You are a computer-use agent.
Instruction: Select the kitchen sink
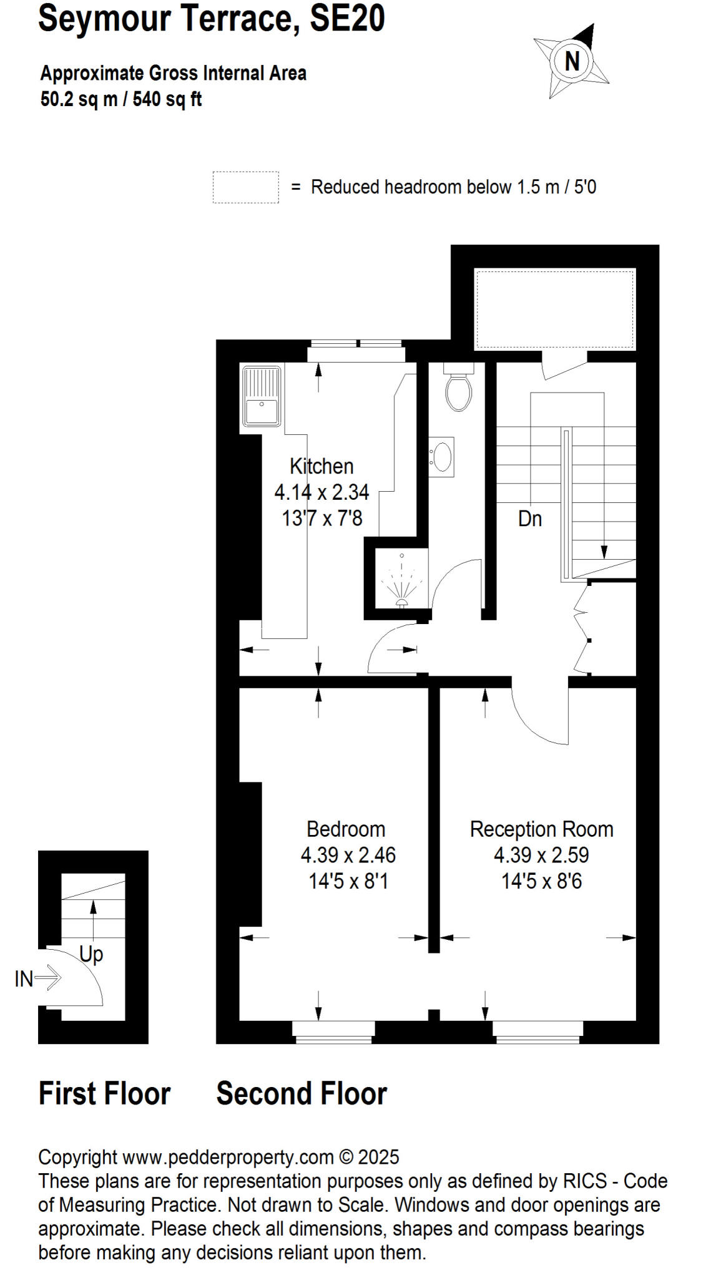point(261,396)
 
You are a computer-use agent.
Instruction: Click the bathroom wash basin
point(442,457)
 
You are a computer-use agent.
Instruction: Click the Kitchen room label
point(321,466)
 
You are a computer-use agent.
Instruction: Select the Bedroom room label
point(346,829)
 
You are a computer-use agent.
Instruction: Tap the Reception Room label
point(541,829)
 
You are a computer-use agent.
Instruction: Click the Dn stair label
point(530,519)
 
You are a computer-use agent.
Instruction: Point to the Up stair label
point(91,954)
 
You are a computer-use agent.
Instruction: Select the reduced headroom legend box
point(245,187)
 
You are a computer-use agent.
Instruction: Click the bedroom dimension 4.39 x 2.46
point(348,855)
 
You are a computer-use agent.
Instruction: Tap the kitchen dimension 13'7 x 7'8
point(322,518)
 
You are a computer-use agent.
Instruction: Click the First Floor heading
point(104,1094)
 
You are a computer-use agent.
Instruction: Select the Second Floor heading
point(301,1094)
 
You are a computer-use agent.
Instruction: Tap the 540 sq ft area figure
point(167,99)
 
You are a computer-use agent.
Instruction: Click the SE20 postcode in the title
point(347,19)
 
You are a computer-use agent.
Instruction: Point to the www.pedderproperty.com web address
point(228,1158)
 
